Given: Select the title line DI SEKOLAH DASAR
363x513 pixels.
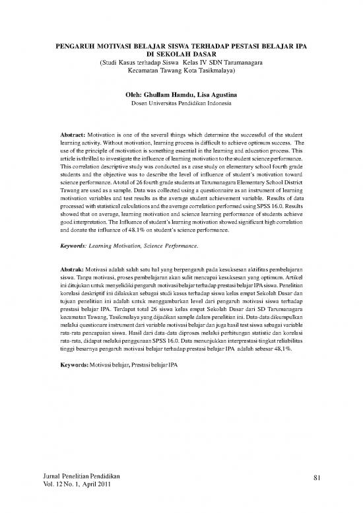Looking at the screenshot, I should tap(181, 57).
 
